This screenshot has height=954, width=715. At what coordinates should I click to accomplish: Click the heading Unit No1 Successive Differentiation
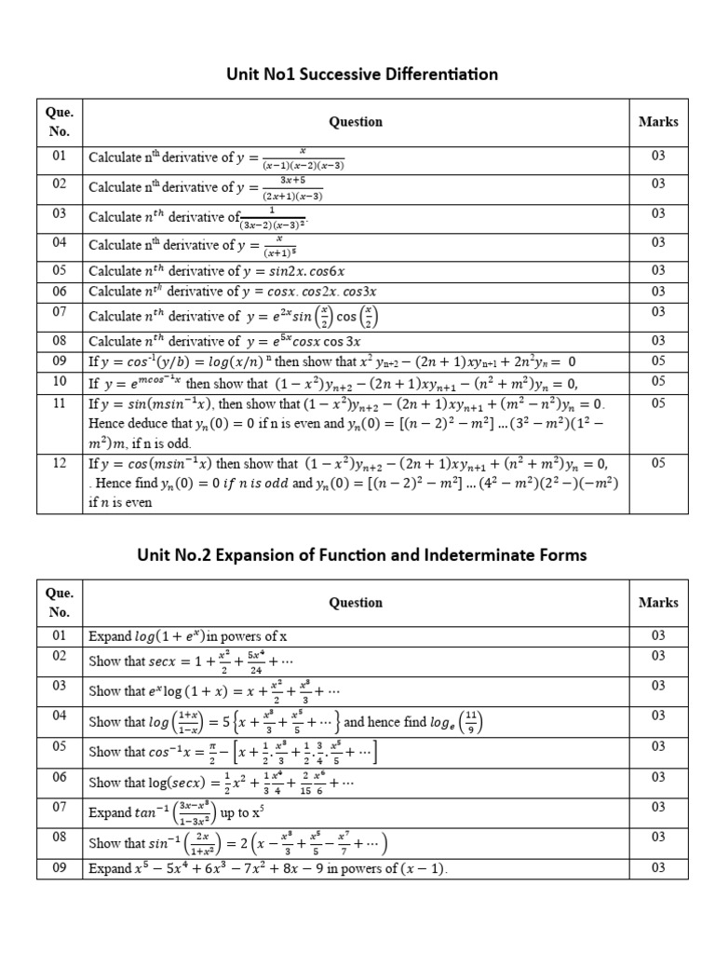click(357, 74)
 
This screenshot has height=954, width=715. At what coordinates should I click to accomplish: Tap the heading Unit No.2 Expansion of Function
click(357, 554)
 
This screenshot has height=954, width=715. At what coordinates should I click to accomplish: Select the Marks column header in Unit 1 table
click(658, 121)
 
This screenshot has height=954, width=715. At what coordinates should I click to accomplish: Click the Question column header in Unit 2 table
click(356, 603)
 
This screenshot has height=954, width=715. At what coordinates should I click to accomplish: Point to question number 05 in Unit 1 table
click(60, 270)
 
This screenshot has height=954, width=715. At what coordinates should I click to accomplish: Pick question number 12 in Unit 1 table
click(60, 462)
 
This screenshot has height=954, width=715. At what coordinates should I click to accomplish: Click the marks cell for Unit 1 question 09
click(658, 361)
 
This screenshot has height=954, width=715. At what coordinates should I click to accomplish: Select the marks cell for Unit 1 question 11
click(658, 403)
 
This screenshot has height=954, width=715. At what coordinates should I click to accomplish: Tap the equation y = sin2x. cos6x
click(290, 271)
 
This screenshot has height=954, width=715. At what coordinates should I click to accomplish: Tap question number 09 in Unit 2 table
click(60, 868)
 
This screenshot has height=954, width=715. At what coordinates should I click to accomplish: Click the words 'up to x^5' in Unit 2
click(241, 813)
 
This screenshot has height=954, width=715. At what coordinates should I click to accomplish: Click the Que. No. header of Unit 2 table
click(60, 603)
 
